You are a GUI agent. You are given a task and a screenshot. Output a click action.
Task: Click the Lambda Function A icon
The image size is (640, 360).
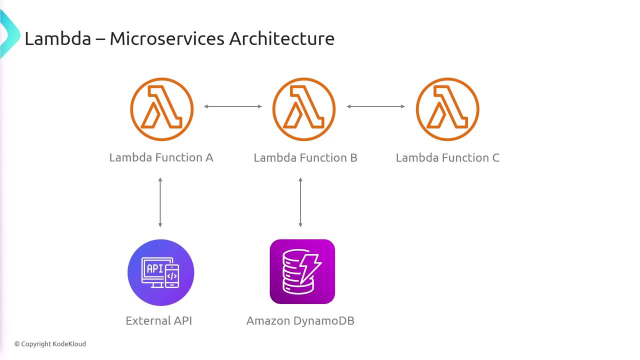tap(161, 109)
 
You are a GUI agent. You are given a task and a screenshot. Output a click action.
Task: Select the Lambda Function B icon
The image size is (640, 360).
tap(303, 109)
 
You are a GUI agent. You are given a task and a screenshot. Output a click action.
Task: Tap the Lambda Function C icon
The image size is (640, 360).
tap(447, 109)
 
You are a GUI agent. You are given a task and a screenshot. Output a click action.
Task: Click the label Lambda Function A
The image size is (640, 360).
tap(161, 157)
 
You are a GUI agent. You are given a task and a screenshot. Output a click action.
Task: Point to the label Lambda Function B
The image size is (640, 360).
tap(305, 158)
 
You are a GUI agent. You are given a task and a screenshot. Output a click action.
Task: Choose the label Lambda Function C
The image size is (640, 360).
tap(447, 158)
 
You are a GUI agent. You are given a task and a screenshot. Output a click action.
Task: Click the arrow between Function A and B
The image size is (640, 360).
tap(233, 106)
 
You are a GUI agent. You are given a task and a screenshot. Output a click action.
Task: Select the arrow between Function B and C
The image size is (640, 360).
tap(375, 106)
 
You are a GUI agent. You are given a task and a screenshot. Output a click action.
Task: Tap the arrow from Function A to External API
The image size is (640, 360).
tap(160, 202)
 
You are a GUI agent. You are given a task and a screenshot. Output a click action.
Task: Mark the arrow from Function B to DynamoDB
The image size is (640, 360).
tap(300, 202)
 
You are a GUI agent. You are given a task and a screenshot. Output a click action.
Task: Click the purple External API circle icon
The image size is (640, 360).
tap(160, 272)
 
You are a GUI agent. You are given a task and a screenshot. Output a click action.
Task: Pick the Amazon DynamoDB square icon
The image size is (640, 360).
tap(302, 271)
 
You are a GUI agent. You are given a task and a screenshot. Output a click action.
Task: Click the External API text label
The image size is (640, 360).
tap(158, 320)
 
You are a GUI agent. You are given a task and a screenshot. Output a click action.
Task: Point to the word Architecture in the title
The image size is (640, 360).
tap(281, 38)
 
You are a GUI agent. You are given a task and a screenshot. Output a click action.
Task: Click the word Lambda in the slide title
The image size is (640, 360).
tap(57, 38)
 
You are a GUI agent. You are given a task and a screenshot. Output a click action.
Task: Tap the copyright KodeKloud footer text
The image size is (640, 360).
tap(50, 344)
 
